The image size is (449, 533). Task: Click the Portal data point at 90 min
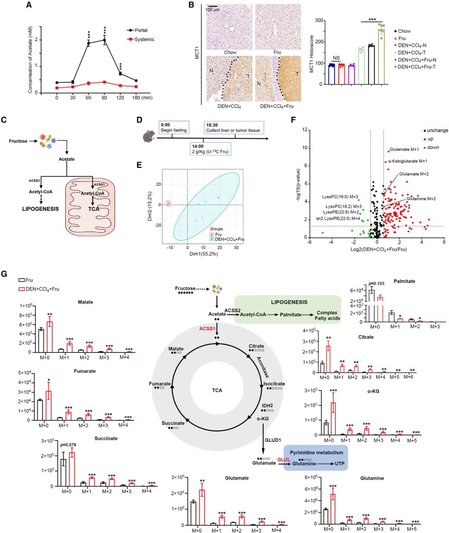104,40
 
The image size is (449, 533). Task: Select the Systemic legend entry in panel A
144,39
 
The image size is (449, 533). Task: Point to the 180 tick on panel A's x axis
136,98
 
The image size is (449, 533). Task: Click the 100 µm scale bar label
212,10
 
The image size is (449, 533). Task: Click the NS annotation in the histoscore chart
336,58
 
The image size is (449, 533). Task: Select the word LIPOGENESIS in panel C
40,209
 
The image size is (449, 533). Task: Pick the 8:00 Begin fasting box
174,127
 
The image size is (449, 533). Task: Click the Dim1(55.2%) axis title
204,254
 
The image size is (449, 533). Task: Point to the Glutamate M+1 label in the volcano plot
404,149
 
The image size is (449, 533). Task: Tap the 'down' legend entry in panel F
433,148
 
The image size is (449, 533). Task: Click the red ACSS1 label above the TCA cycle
207,328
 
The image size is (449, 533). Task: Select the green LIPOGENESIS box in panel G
288,309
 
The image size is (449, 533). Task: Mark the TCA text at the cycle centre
217,390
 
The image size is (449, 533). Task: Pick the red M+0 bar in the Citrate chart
328,359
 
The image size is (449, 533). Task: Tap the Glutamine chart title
372,478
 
